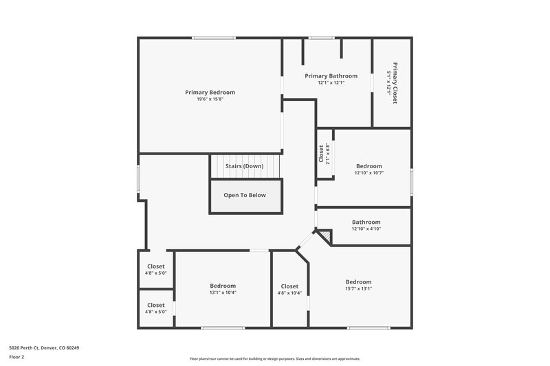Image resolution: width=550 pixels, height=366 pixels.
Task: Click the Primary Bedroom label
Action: (x=210, y=92)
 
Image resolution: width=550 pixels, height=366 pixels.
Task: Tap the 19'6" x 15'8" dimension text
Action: (x=210, y=99)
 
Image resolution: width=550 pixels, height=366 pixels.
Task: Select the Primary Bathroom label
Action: (x=331, y=76)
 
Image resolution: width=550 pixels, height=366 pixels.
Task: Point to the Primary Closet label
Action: (x=395, y=82)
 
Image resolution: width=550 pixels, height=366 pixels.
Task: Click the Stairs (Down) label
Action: (x=244, y=166)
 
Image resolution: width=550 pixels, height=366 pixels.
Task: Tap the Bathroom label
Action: (x=366, y=222)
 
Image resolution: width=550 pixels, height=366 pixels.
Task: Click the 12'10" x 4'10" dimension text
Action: (x=366, y=229)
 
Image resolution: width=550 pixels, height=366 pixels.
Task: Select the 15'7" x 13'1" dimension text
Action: (x=358, y=288)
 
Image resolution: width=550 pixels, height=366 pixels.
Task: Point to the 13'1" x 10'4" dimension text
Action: (x=223, y=293)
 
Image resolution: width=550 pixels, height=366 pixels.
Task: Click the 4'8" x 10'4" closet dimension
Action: (x=289, y=293)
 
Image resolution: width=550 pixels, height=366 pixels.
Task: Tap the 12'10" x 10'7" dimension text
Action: (x=368, y=172)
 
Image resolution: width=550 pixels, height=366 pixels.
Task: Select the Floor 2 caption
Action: (x=16, y=357)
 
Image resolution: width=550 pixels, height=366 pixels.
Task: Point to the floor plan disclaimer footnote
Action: (x=274, y=358)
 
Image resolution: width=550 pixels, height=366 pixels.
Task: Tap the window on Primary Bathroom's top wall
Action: (x=321, y=38)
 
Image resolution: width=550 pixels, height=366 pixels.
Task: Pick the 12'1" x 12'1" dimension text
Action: (x=331, y=82)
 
